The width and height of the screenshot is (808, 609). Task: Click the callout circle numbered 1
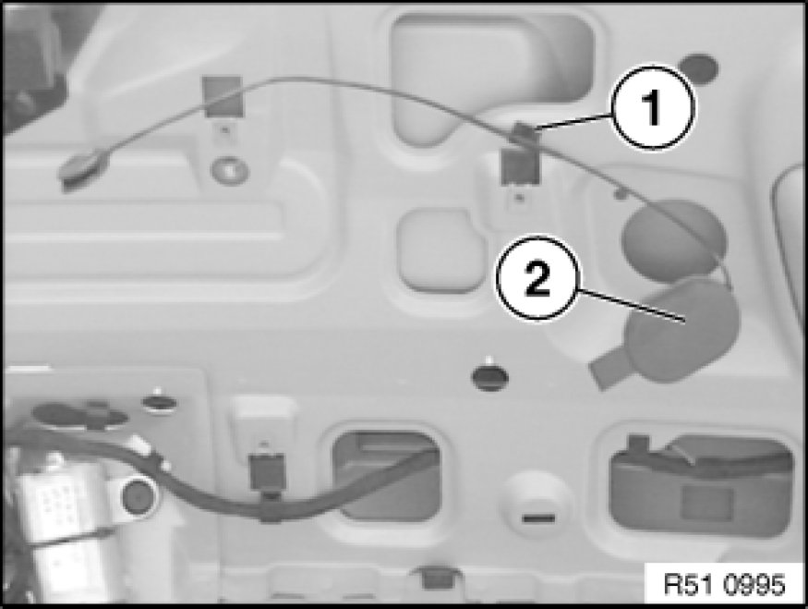point(653,107)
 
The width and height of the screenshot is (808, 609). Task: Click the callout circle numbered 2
point(537,279)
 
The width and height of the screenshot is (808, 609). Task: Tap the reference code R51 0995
point(725,585)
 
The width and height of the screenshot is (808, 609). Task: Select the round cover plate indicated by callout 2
point(682,330)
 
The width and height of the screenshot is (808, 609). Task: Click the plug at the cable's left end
point(84,168)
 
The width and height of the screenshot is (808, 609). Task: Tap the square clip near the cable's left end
point(223,96)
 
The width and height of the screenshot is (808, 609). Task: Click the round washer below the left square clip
point(229,170)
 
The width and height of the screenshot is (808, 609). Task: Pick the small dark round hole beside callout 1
point(699,67)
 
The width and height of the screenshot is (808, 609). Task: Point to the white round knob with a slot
point(538,504)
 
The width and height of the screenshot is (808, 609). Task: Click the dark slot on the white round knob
point(538,518)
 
